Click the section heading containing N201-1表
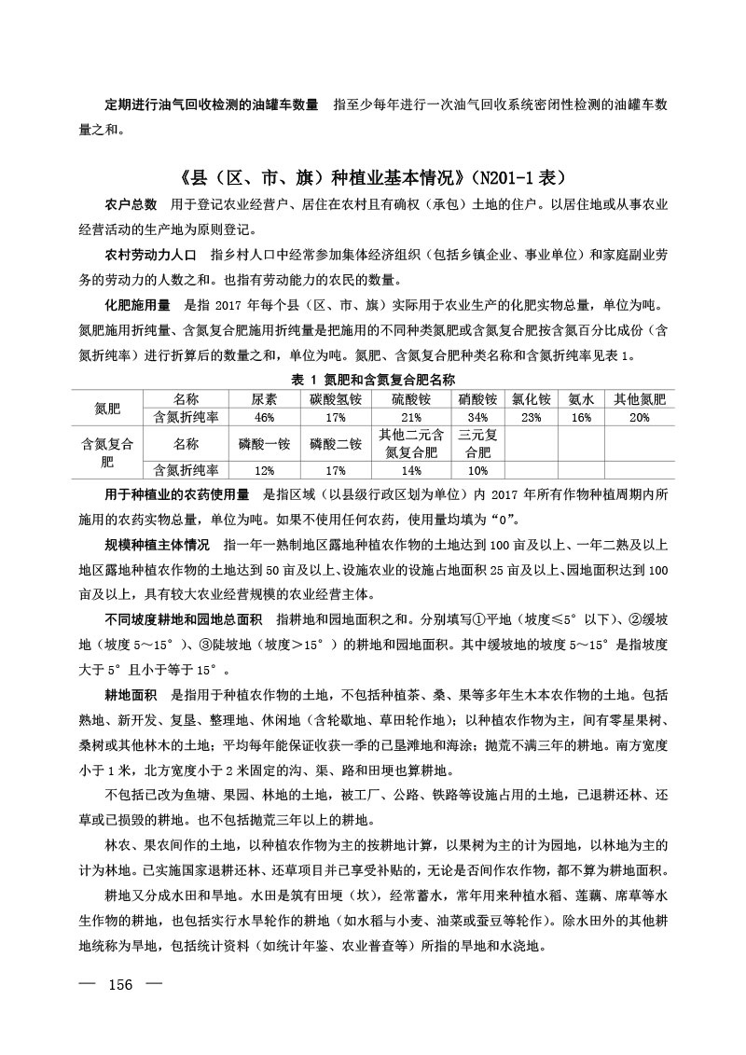372,176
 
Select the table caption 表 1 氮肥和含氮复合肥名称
372,381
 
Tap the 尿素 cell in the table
264,399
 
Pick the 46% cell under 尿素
264,417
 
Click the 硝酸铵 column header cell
477,399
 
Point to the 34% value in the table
477,417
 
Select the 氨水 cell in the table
581,399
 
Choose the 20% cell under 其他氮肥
639,417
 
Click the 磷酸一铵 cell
264,443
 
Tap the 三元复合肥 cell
477,443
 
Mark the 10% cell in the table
477,470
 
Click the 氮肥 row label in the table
108,409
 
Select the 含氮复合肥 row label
108,451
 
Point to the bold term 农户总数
131,204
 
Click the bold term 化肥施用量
137,305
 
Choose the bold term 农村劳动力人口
150,255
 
